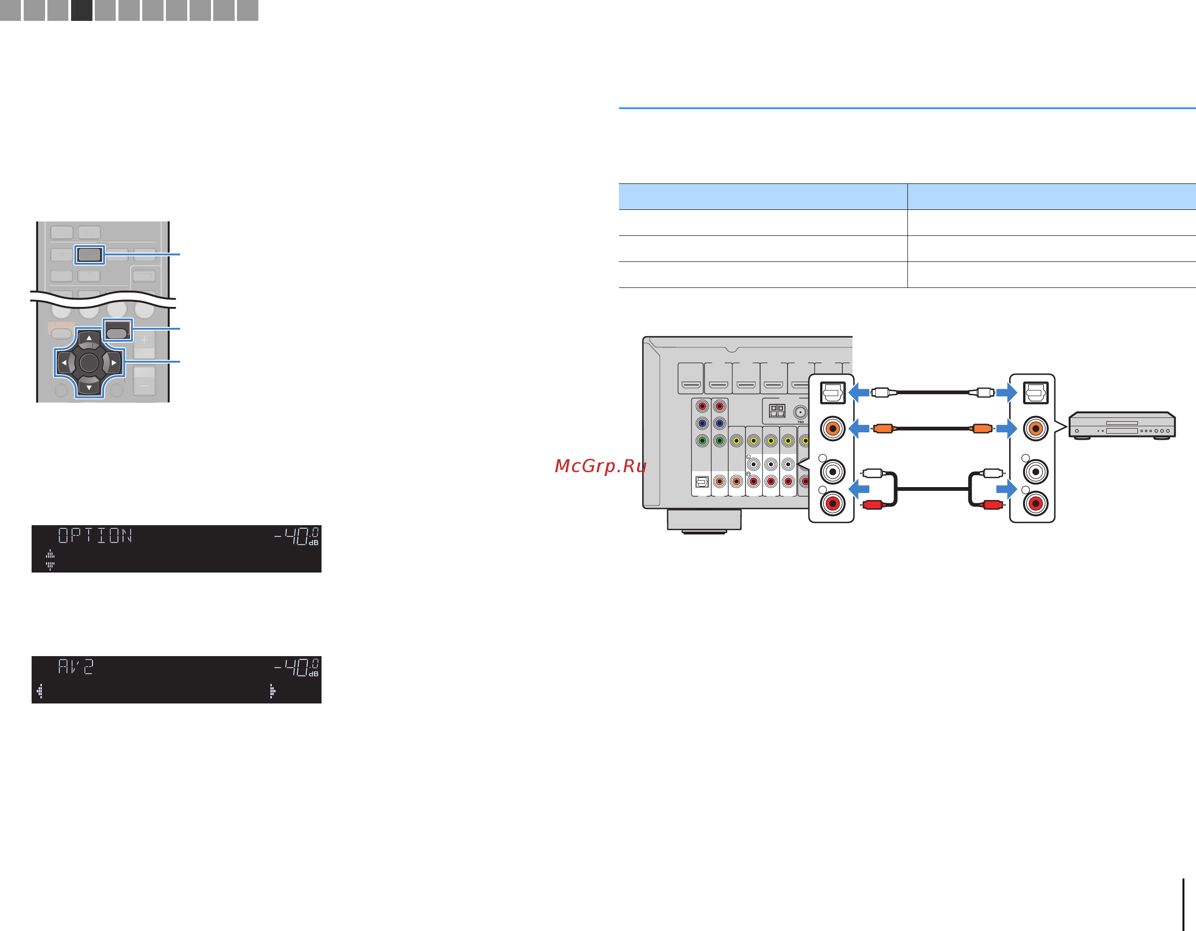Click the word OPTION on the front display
coord(95,535)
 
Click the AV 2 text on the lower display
coord(76,666)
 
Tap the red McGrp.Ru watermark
coord(601,466)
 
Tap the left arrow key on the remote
coord(64,362)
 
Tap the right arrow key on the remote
coord(113,362)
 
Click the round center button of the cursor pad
coord(89,362)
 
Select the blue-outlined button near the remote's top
coord(89,254)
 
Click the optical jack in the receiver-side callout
coord(832,392)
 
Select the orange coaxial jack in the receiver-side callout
coord(832,429)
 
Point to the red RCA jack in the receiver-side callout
coord(832,503)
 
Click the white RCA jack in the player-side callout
coord(1035,472)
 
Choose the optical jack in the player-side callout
coord(1035,392)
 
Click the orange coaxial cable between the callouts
coord(932,429)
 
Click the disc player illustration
coord(1122,425)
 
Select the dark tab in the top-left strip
coord(82,10)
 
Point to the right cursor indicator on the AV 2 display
coord(272,691)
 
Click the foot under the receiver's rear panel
coord(704,521)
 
